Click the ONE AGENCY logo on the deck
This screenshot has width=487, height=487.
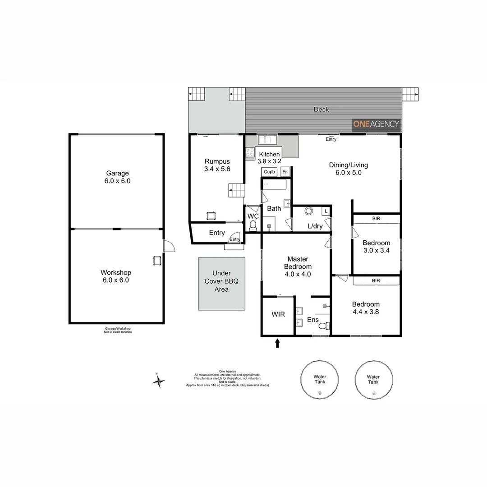click(376, 124)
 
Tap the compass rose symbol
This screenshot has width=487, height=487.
click(158, 381)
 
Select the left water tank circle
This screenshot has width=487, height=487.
click(320, 379)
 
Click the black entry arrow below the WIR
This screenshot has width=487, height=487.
click(277, 344)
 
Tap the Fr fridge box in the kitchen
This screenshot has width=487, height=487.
click(285, 172)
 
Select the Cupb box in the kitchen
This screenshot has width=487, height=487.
click(270, 172)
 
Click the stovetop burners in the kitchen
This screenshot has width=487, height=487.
click(250, 153)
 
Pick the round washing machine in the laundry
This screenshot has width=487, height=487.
click(309, 211)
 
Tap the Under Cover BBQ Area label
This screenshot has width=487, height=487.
click(221, 281)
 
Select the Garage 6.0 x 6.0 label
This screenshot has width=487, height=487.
click(117, 177)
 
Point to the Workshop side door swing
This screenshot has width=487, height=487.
click(169, 246)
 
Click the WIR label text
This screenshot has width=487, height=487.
click(278, 314)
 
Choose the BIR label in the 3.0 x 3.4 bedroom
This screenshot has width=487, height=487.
click(376, 219)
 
